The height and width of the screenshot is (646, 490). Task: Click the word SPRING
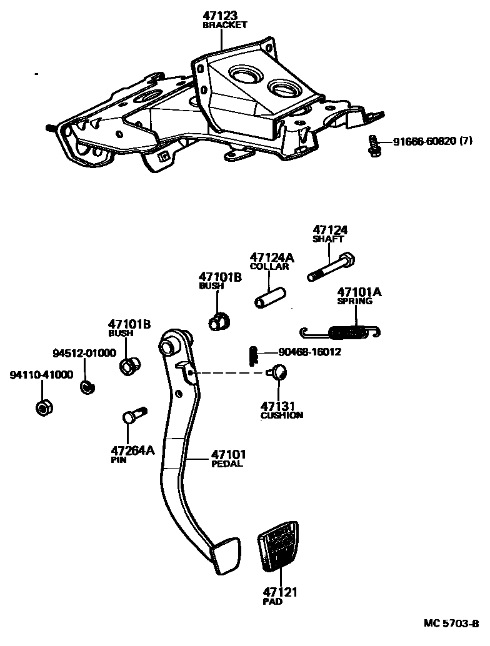click(354, 301)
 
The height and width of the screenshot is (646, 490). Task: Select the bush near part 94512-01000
click(129, 365)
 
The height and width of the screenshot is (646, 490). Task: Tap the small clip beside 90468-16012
click(252, 355)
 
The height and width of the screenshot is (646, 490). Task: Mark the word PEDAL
click(227, 464)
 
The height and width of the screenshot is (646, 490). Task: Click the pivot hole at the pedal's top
click(168, 345)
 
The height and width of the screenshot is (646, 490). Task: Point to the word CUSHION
click(282, 415)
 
